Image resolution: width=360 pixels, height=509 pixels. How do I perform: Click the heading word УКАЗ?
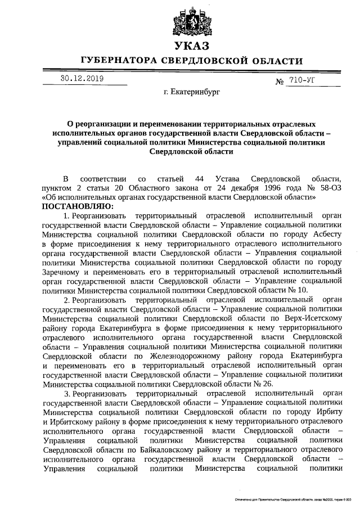click(191, 46)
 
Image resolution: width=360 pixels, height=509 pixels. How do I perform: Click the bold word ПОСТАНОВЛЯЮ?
click(77, 206)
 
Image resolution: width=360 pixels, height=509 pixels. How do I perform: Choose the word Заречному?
click(63, 271)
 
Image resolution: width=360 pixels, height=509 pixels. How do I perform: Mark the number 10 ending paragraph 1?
click(302, 290)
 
